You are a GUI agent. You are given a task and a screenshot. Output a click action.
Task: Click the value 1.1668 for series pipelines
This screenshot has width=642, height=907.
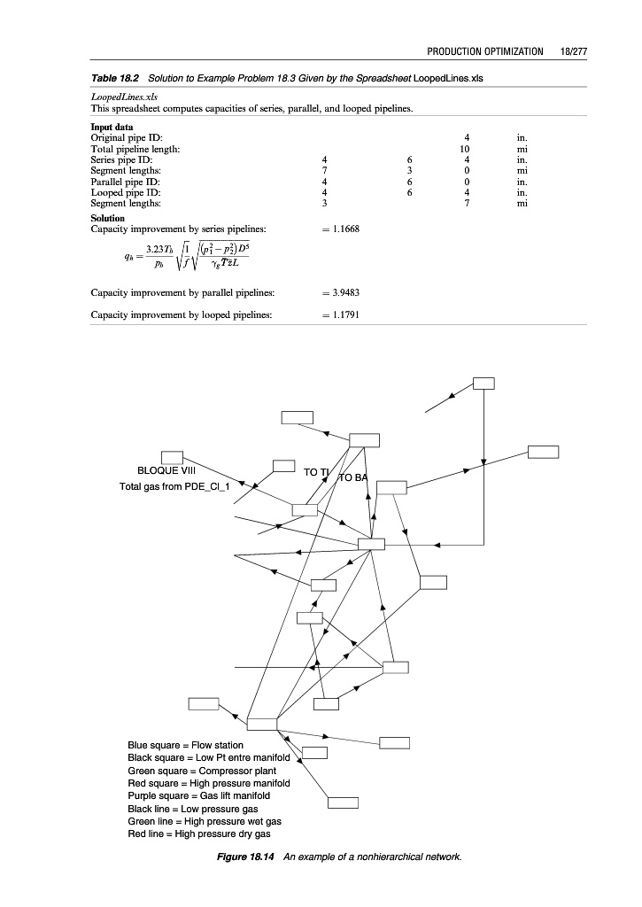342,229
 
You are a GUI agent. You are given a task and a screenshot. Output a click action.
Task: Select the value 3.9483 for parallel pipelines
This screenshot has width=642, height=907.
342,291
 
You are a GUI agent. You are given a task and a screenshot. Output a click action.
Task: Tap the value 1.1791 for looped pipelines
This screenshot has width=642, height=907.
342,314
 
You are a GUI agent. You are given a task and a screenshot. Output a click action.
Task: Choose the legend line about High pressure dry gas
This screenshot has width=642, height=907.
199,834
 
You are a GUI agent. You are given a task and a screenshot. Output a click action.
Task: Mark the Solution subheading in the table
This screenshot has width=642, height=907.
108,218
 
